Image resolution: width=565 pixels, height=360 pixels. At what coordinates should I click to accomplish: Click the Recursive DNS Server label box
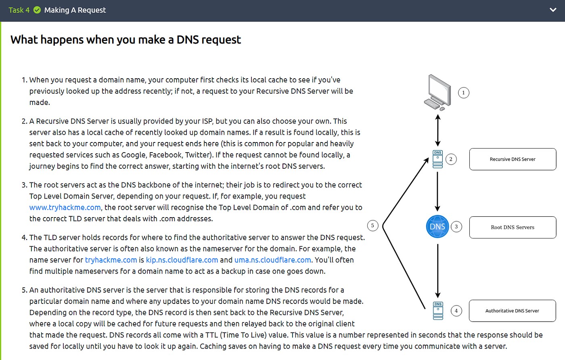(513, 159)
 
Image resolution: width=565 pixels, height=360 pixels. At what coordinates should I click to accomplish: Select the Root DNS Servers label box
(513, 227)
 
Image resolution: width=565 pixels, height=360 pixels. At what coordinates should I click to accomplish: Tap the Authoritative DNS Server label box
(512, 311)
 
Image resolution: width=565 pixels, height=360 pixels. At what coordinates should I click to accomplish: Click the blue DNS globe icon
(437, 226)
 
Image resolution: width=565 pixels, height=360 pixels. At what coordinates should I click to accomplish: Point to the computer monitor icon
(438, 92)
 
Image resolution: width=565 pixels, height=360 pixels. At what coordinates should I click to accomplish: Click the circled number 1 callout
(463, 93)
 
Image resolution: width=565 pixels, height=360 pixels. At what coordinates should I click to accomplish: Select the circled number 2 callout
(451, 159)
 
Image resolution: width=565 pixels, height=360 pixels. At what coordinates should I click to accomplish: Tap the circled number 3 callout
(456, 227)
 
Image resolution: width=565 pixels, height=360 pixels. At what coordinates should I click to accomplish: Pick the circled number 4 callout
(456, 311)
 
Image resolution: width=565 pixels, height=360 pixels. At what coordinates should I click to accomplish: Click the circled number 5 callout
(372, 226)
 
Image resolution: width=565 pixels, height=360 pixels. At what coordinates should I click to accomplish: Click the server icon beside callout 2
(438, 159)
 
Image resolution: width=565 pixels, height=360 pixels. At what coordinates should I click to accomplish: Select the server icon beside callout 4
(438, 311)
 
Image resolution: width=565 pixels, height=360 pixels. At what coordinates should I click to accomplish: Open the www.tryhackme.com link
(65, 207)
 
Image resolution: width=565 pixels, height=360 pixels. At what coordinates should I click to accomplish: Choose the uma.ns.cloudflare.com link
(272, 260)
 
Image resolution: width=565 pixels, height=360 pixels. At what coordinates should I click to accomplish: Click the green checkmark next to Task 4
(37, 10)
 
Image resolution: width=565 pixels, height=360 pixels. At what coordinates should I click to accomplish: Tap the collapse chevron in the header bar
(553, 10)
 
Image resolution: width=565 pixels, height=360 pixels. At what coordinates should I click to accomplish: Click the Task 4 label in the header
(19, 10)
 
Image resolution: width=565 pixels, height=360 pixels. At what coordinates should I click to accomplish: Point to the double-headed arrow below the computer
(438, 130)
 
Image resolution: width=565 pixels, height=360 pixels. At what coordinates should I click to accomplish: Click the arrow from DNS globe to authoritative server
(438, 270)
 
